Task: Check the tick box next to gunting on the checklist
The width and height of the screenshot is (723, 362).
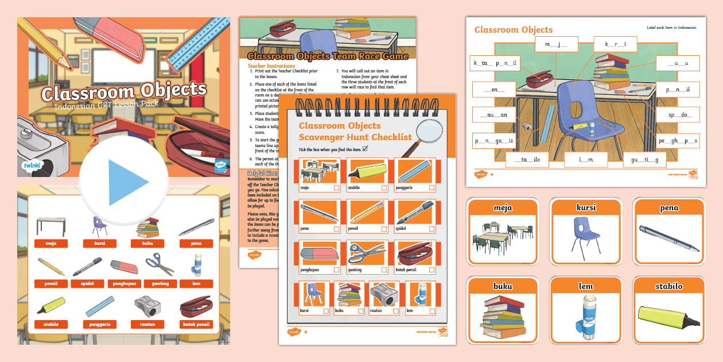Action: point(384,269)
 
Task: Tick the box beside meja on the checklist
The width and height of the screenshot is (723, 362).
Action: point(336,188)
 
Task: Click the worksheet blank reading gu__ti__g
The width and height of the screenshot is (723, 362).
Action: point(644,159)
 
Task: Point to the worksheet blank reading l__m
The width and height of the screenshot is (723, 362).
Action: point(585,159)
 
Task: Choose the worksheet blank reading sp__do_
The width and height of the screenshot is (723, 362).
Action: point(678,115)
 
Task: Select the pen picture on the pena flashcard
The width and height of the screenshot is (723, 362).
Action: point(668,239)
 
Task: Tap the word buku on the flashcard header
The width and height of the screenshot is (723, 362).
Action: point(502,286)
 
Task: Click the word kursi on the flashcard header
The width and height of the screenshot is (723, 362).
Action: point(585,207)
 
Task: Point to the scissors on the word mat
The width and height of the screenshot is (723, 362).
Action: point(160,264)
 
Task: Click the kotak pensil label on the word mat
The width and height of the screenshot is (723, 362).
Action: point(196,324)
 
